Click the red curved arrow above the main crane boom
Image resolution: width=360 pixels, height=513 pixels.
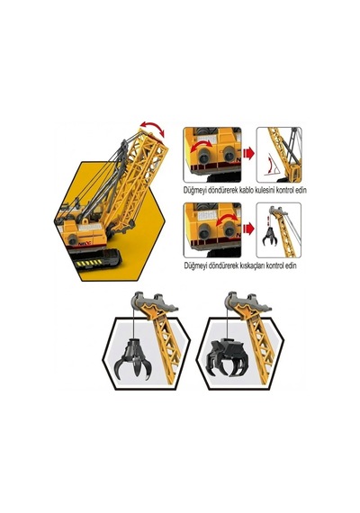tap(152, 127)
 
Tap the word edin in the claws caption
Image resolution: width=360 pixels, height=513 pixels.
tap(291, 265)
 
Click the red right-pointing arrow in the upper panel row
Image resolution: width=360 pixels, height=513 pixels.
tap(248, 153)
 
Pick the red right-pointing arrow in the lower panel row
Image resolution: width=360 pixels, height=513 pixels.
tap(248, 229)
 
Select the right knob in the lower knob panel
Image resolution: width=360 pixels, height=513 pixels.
tap(229, 231)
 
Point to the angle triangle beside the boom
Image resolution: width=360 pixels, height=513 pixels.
tap(273, 165)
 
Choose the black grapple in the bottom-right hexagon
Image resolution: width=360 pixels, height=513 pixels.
tap(227, 357)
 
